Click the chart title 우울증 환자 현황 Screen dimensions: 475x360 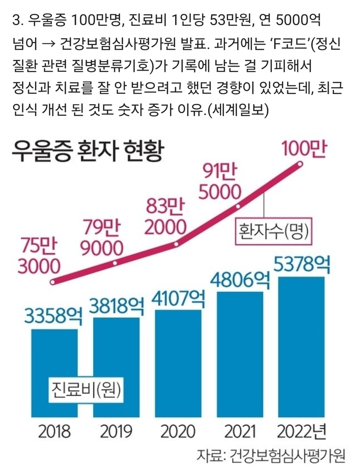click(87, 150)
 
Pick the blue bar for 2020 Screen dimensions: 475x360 click(178, 364)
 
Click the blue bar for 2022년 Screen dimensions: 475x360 click(301, 347)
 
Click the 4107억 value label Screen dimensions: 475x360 click(178, 299)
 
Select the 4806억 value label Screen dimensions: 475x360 click(240, 281)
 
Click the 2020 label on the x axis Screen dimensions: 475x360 click(178, 431)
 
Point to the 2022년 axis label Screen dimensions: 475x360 click(301, 431)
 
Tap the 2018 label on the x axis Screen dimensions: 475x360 click(55, 431)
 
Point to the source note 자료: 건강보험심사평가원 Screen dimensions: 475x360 click(271, 455)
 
